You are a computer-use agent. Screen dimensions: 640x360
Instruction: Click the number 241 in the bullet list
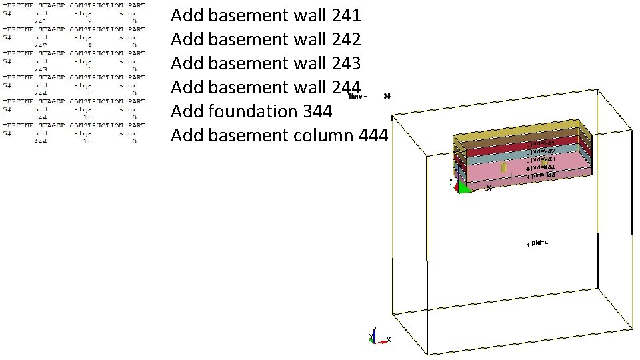point(345,15)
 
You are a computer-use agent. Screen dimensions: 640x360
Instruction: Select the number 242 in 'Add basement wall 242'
point(345,39)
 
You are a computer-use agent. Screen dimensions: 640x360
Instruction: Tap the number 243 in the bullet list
point(345,63)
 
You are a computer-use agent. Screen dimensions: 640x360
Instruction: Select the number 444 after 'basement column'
point(373,135)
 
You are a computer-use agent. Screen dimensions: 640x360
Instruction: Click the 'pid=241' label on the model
point(542,143)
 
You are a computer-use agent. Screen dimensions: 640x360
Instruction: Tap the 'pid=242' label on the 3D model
point(542,151)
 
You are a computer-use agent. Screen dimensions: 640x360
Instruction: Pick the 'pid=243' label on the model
point(542,159)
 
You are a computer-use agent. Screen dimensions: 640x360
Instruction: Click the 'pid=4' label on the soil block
point(539,242)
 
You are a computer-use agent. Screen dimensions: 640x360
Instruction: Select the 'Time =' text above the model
point(357,97)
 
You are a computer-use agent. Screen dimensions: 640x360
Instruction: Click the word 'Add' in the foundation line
point(187,111)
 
